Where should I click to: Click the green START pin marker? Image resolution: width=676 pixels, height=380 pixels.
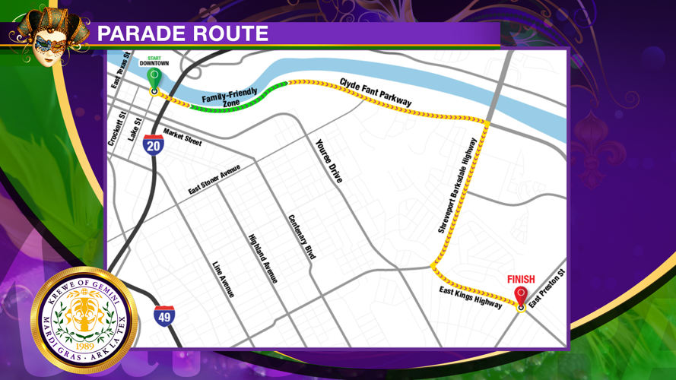[154, 78]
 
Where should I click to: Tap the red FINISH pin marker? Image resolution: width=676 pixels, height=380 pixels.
[521, 296]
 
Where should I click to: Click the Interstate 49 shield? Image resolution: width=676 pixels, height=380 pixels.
[163, 315]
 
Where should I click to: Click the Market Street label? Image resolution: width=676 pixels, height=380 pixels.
[182, 136]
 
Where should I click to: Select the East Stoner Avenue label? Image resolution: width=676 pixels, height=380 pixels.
[214, 179]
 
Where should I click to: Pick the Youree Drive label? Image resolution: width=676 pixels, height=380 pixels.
[329, 160]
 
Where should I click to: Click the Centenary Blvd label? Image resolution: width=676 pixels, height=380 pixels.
[301, 238]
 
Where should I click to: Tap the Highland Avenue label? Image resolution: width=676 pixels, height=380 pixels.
[262, 258]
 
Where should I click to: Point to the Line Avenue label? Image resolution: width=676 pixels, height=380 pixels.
[224, 279]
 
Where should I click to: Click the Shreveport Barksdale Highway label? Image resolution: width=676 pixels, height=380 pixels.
[457, 185]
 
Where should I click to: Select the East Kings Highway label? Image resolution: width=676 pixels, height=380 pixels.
[471, 298]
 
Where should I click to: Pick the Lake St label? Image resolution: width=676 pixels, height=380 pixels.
[135, 129]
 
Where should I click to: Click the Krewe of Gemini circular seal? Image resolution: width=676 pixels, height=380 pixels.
[84, 320]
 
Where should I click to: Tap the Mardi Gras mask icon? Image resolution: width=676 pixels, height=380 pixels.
[47, 34]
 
